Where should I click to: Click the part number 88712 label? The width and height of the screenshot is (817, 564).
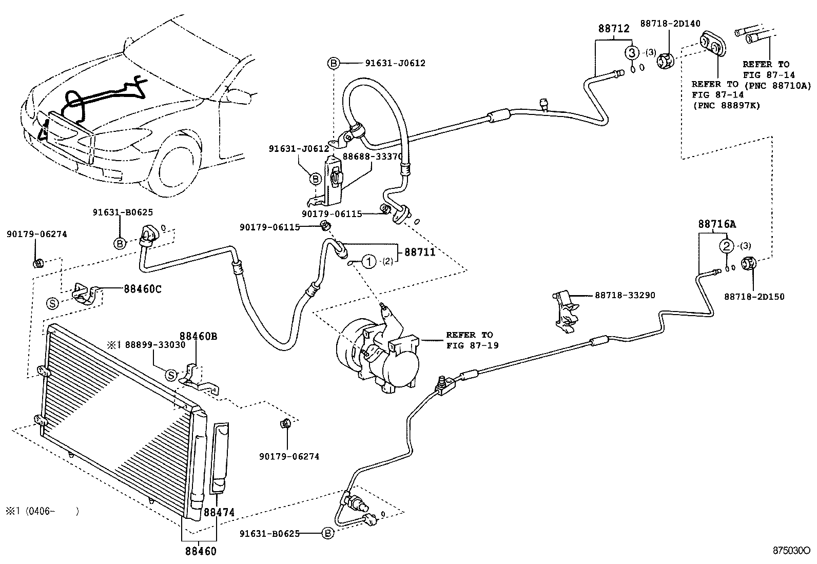point(614,29)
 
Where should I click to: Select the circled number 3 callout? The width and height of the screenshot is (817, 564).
point(632,52)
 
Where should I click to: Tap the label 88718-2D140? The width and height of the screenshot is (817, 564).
point(670,23)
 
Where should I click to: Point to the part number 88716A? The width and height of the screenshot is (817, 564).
point(716,224)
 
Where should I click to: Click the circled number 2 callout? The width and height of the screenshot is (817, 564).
point(727,246)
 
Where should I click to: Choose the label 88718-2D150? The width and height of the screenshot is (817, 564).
point(754,297)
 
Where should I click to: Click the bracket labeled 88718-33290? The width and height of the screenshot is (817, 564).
point(566,310)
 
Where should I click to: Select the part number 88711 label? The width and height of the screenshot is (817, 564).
point(420,252)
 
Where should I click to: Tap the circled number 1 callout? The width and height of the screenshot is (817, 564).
point(368,262)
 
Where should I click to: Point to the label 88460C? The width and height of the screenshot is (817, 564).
point(142,288)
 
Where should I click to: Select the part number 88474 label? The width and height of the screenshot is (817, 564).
point(219,512)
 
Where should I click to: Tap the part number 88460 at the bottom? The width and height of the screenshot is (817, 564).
point(201,551)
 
